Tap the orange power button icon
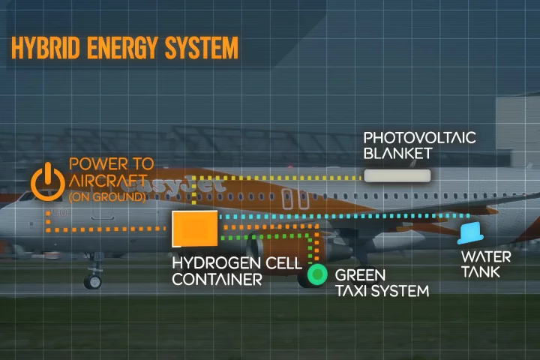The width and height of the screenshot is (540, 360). pos(47,181)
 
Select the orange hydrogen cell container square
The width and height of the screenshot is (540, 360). pos(195,229)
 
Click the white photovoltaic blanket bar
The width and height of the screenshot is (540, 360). pos(397,176)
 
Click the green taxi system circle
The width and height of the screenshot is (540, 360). pos(318,275)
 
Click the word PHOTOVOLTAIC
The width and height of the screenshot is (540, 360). pos(419,138)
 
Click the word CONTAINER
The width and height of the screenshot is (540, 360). pos(217,280)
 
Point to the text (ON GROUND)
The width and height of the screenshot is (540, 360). pos(106,197)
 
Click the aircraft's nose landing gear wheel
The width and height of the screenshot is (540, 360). pos(92,281)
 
